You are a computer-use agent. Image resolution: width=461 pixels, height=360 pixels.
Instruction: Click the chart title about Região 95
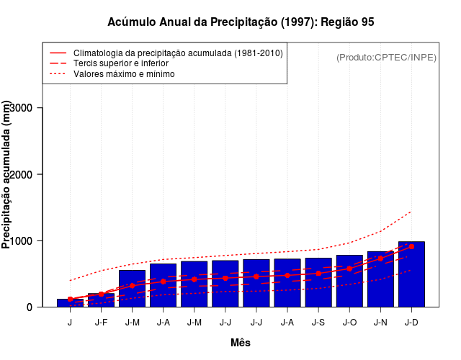pos(241,22)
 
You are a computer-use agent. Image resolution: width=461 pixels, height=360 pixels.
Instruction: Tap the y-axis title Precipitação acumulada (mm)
pos(7,175)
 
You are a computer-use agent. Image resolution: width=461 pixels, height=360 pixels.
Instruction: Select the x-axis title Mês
pos(241,343)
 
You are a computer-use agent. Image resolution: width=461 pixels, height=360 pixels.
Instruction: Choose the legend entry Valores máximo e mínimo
pos(124,73)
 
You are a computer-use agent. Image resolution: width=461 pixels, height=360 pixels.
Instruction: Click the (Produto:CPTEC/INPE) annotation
pos(386,58)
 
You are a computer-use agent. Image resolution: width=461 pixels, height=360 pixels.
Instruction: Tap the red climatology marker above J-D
pos(411,246)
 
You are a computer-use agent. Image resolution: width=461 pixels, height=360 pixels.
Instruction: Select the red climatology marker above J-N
pos(380,258)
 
